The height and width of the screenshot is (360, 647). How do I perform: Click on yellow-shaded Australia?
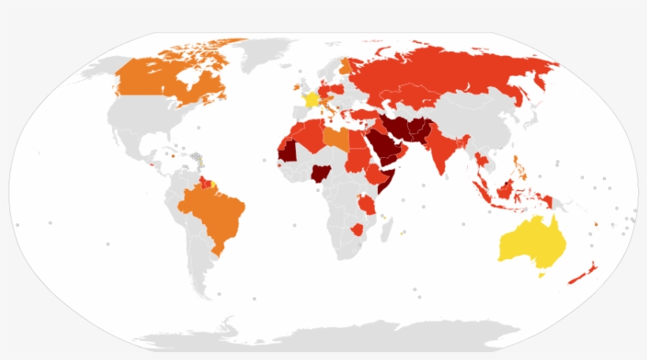529,240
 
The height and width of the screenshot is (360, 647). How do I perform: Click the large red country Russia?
450,71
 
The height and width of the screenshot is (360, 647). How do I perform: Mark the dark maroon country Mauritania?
290,149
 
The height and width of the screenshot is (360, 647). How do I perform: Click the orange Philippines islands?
518,167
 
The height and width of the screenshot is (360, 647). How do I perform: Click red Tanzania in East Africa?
368,204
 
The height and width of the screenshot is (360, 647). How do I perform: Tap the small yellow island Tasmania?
542,276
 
